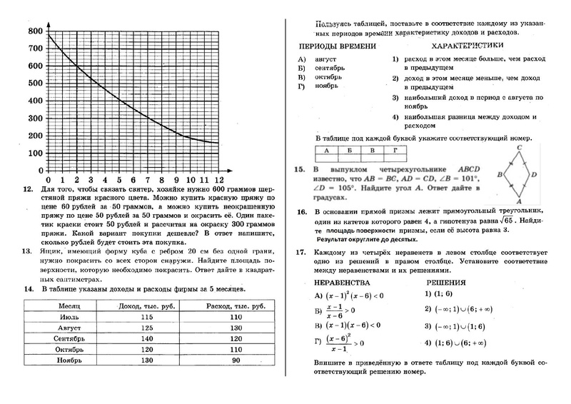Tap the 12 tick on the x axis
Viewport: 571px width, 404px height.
pos(218,180)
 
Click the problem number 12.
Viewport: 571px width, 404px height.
pos(29,191)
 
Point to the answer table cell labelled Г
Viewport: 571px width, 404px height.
pos(395,151)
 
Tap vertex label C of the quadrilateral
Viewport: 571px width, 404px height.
pos(520,146)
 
